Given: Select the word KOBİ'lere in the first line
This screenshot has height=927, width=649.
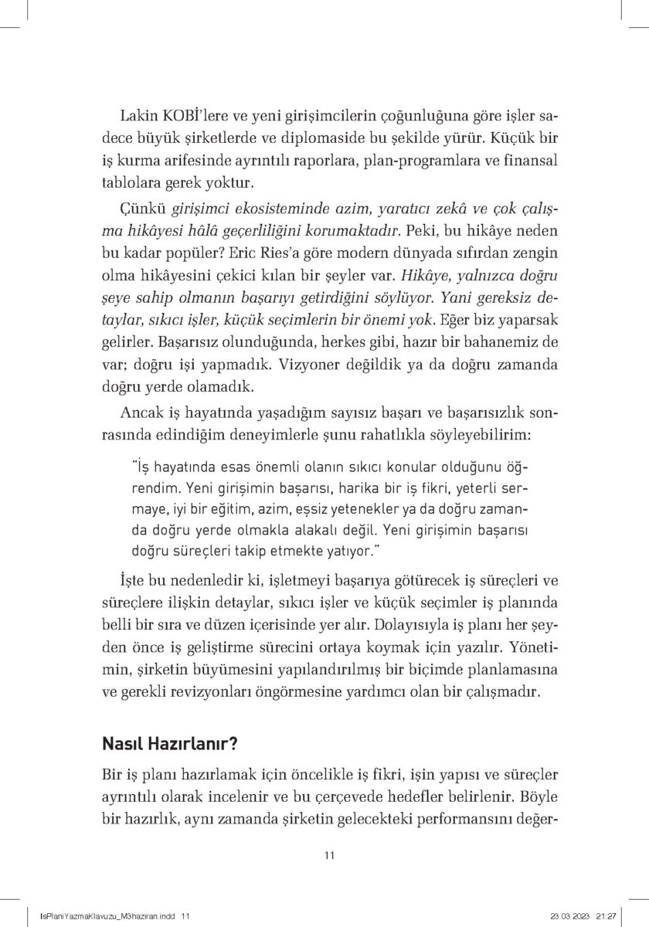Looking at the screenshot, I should [192, 116].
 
